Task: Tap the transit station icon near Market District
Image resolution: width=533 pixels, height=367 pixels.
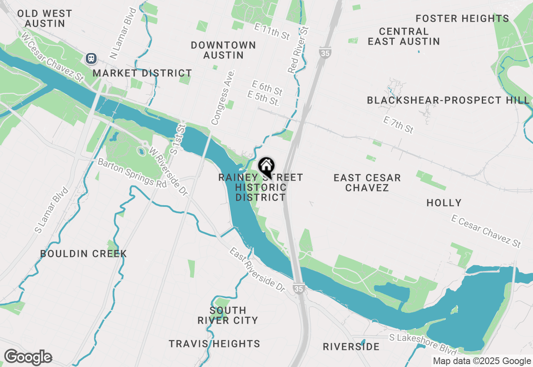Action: click(x=91, y=58)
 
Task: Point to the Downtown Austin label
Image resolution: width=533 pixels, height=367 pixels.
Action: click(x=223, y=50)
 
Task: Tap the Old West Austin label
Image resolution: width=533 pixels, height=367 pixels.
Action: click(x=45, y=18)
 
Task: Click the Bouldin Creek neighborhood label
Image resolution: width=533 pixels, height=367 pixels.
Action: click(x=83, y=254)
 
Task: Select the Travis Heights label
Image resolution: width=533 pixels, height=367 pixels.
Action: click(x=214, y=344)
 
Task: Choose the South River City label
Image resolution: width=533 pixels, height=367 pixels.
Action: click(x=228, y=315)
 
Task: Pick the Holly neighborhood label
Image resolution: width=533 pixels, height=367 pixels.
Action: click(x=444, y=203)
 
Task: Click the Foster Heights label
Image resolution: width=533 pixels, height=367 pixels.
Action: click(x=462, y=18)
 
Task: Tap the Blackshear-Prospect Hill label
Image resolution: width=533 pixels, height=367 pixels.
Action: click(x=448, y=100)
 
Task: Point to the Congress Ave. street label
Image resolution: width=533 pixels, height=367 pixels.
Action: click(x=223, y=97)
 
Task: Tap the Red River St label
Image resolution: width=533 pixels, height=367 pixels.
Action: click(x=299, y=50)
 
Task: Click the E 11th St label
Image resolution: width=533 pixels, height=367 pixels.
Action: click(x=272, y=31)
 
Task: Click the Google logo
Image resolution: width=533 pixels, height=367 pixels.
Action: click(x=28, y=357)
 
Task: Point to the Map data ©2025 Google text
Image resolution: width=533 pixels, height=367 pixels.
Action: click(x=482, y=361)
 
